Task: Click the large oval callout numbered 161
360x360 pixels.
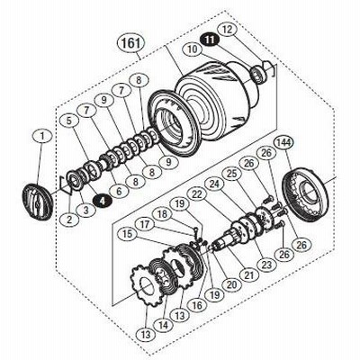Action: (130, 43)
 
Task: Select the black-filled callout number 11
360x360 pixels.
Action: (211, 40)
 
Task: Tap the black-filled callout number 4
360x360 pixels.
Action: (103, 202)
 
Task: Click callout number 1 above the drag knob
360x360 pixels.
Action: (42, 137)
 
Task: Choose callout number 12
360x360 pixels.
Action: (228, 30)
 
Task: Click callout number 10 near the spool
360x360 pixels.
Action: (193, 49)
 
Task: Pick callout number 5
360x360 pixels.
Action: (69, 121)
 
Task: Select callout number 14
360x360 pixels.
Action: (164, 324)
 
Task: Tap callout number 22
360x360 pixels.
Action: (196, 195)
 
